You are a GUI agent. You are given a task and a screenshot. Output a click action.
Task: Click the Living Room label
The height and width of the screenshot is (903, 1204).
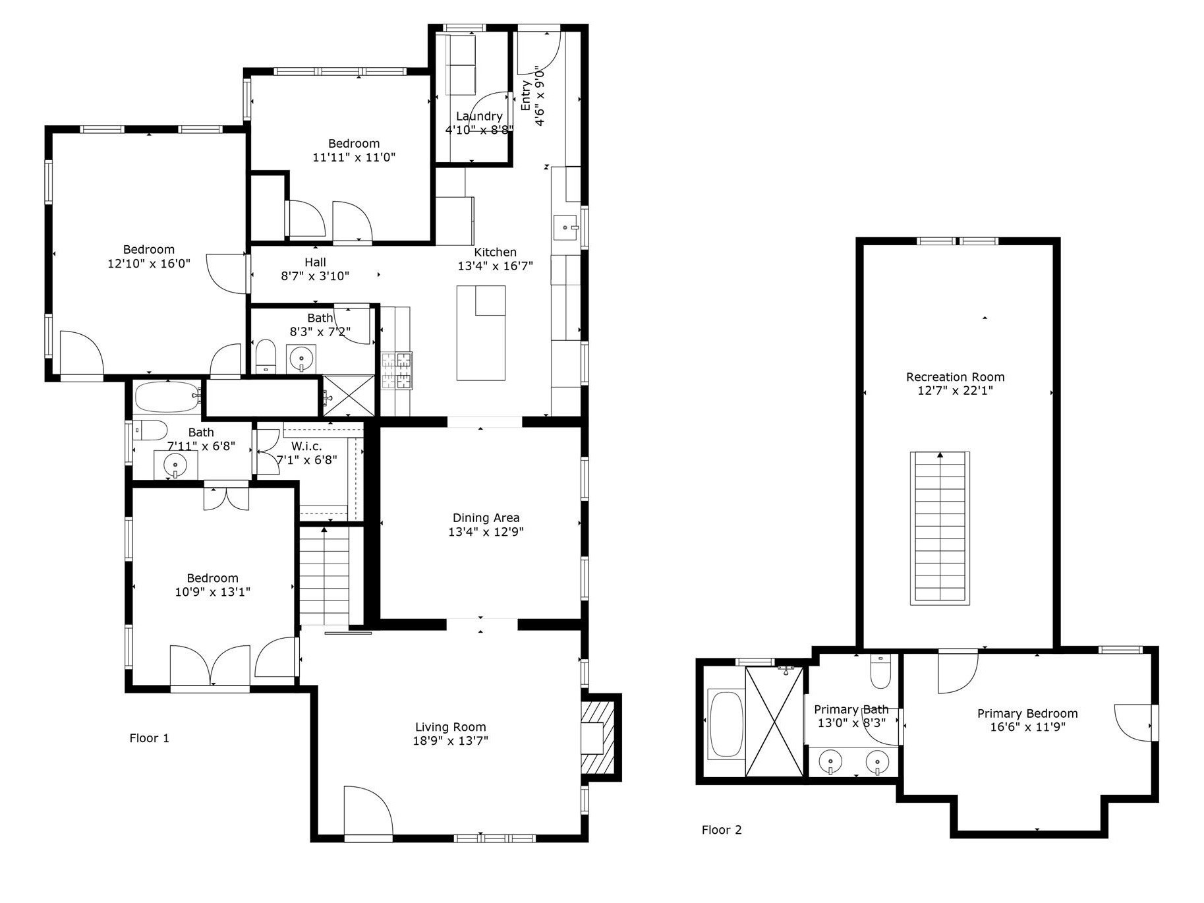[x=451, y=727]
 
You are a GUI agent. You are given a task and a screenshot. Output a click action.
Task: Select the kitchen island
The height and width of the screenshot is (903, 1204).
[x=481, y=333]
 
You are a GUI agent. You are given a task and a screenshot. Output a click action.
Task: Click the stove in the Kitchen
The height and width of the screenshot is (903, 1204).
[x=397, y=370]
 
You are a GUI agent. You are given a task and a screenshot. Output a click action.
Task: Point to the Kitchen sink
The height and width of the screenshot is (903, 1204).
[x=565, y=227]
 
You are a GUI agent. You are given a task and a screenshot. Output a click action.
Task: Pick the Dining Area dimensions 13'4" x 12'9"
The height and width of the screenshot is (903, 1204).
[x=486, y=532]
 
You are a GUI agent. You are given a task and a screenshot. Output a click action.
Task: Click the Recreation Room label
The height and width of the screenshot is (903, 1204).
[x=956, y=377]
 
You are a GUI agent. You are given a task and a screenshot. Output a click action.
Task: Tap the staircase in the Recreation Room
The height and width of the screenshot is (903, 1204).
[x=940, y=528]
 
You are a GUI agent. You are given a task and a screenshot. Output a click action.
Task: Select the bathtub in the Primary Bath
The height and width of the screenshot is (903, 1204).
[x=725, y=723]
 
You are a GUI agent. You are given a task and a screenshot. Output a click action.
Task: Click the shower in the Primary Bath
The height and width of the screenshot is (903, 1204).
[x=774, y=721]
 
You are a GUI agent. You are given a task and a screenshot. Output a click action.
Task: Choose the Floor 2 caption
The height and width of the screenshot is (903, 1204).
[x=722, y=830]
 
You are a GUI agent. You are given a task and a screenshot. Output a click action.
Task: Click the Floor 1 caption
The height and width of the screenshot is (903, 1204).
[x=150, y=738]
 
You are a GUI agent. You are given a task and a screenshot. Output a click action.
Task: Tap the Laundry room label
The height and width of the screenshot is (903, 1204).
[x=479, y=117]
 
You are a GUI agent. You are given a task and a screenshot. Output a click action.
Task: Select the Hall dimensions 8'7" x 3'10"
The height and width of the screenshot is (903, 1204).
[x=315, y=276]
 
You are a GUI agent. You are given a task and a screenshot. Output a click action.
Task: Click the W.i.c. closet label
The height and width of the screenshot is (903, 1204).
[x=307, y=446]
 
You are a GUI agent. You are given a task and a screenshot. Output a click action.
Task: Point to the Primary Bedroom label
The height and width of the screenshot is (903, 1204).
[x=1027, y=713]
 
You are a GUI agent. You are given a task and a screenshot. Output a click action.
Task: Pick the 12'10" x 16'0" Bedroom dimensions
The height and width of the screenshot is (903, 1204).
[x=149, y=263]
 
